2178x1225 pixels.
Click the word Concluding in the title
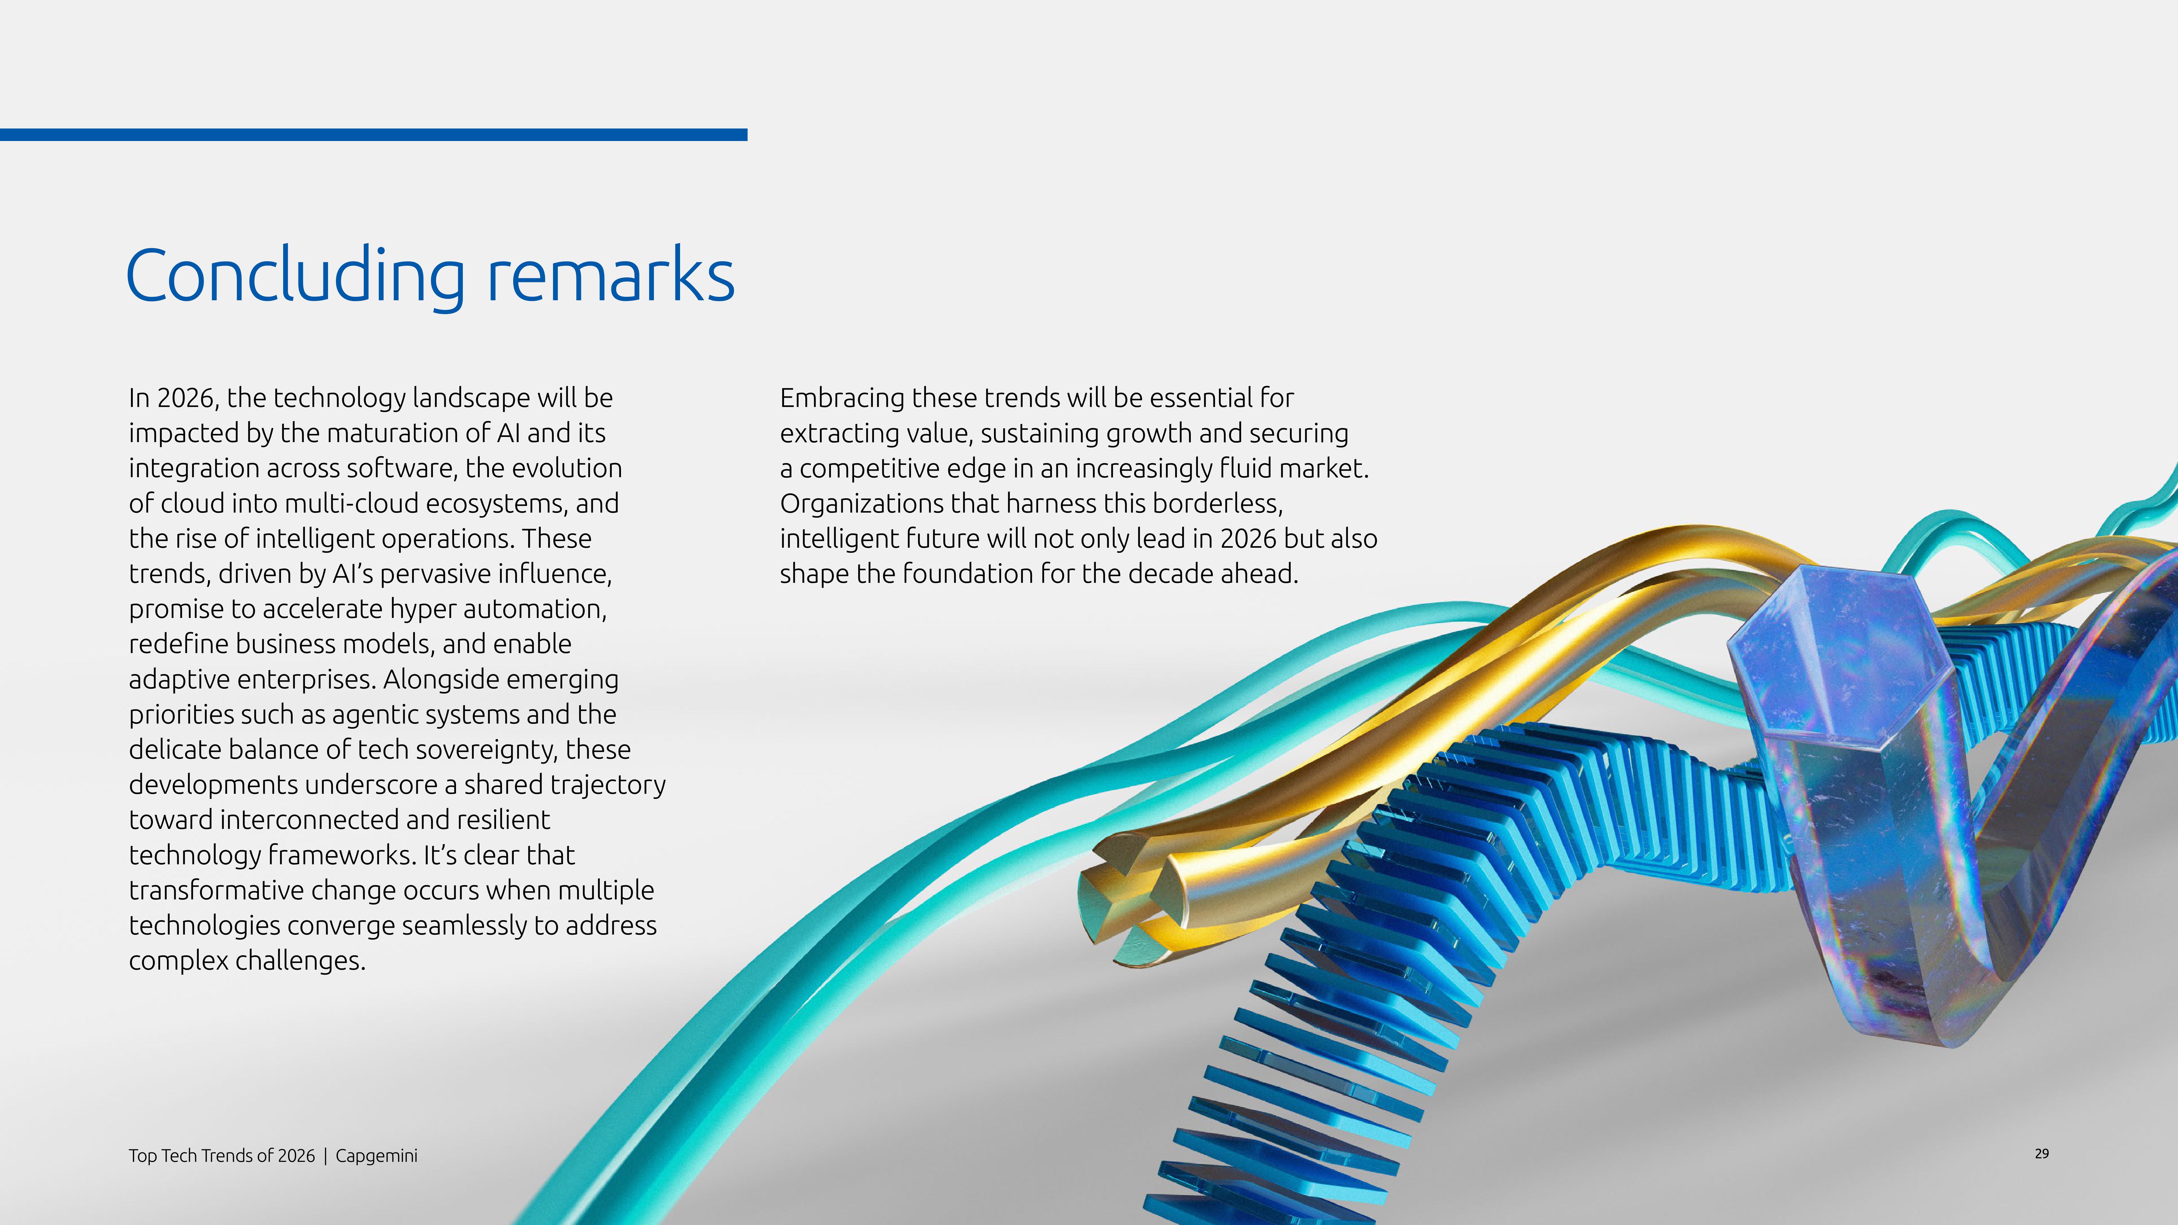[x=295, y=277]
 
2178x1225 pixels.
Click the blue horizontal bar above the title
[x=374, y=134]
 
